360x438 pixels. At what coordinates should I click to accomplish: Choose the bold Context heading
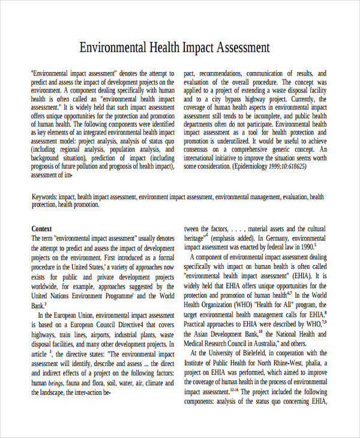[x=41, y=229]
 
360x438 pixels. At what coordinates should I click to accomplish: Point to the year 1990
[x=305, y=247]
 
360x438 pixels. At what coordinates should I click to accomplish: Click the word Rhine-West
[x=289, y=362]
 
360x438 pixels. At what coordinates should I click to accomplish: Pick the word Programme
[x=115, y=296]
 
